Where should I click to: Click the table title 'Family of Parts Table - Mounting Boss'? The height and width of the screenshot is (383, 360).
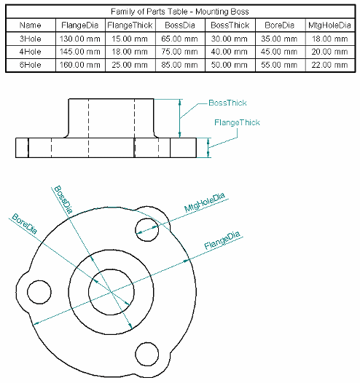tap(180, 12)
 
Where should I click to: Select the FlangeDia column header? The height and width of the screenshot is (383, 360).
tap(80, 25)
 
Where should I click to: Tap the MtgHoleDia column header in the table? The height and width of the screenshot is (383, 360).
tap(329, 25)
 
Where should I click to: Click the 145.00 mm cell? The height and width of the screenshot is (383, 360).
tap(80, 52)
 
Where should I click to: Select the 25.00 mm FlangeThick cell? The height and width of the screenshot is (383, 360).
tap(130, 64)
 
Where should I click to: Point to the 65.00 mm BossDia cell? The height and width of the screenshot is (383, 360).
tap(179, 39)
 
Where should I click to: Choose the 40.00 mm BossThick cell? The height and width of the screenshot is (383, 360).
tap(229, 52)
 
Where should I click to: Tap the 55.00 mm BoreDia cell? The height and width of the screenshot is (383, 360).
tap(278, 64)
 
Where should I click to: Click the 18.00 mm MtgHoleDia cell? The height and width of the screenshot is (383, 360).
tap(329, 39)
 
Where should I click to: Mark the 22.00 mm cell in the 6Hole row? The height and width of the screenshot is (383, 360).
tap(329, 64)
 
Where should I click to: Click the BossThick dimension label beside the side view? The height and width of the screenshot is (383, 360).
tap(227, 103)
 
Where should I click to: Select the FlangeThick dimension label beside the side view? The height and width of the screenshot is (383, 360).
tap(237, 122)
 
